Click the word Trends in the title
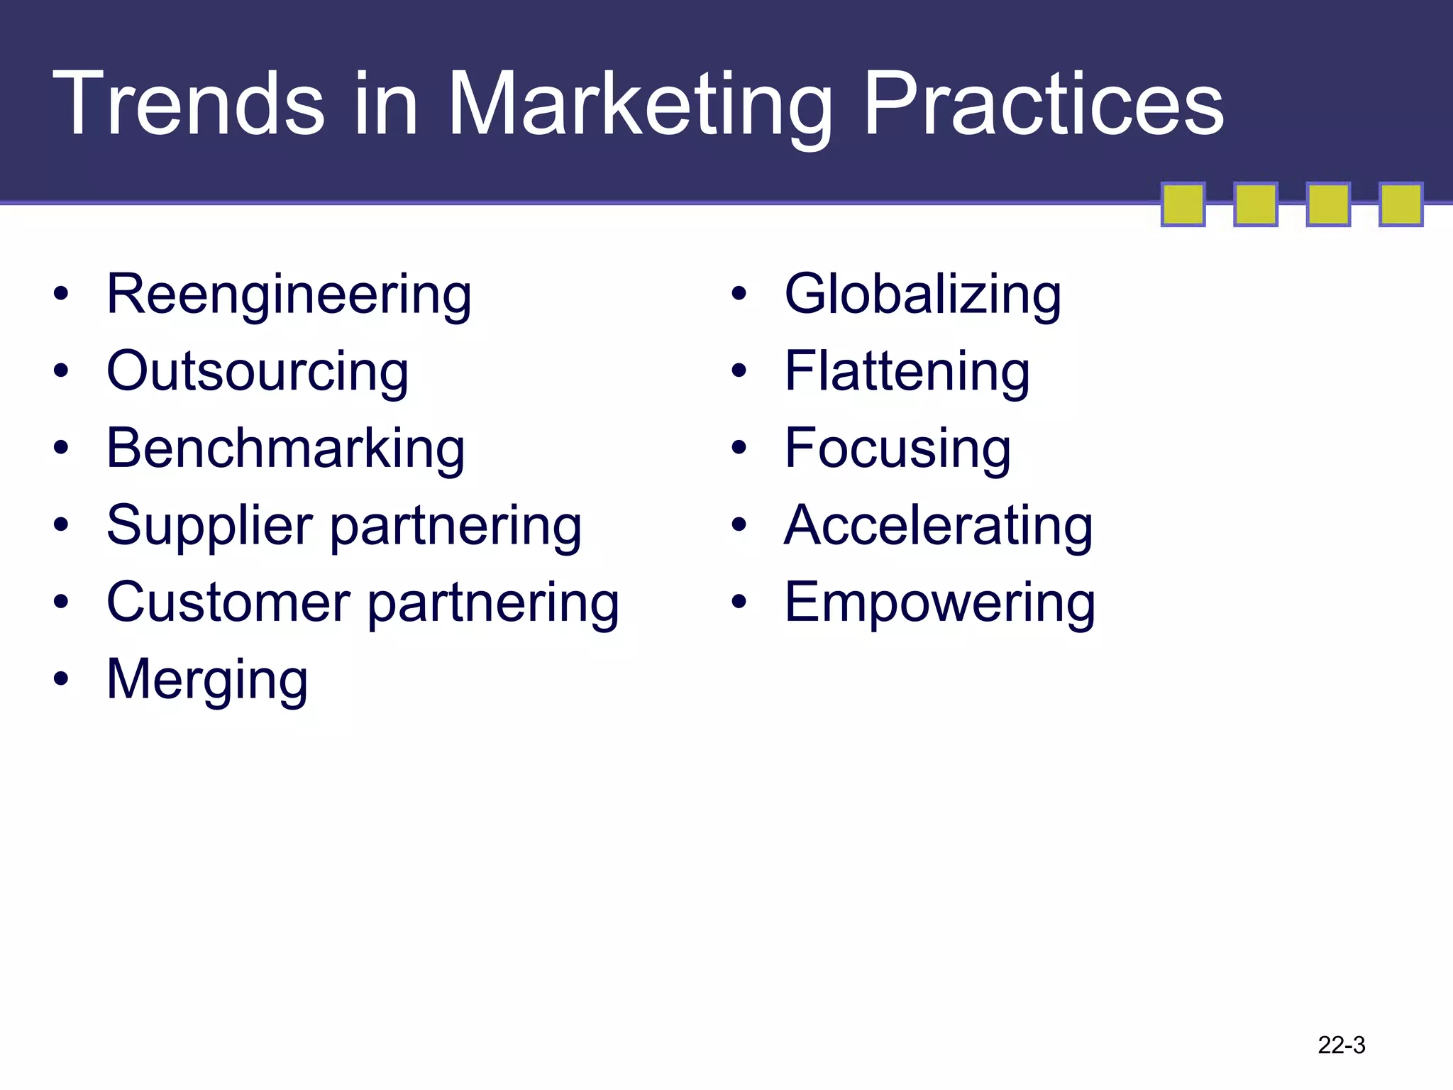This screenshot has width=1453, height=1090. tap(188, 104)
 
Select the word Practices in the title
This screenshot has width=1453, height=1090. tap(1043, 104)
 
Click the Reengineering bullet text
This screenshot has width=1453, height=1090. tap(289, 294)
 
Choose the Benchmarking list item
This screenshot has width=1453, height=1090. tap(285, 448)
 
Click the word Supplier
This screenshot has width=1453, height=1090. tap(209, 526)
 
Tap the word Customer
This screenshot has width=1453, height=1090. tap(228, 602)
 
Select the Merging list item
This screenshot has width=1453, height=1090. tap(207, 680)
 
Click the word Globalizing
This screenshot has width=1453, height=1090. tap(922, 294)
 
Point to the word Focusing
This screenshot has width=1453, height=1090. tap(897, 448)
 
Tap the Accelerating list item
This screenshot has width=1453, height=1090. tap(938, 526)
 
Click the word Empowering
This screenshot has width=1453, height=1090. tap(939, 602)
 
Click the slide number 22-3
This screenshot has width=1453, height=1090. tap(1341, 1045)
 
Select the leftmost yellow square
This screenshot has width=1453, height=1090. tap(1183, 204)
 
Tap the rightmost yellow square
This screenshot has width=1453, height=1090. tap(1400, 204)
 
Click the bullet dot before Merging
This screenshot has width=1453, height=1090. tap(62, 679)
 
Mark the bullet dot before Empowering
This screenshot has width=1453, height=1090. tap(739, 602)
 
